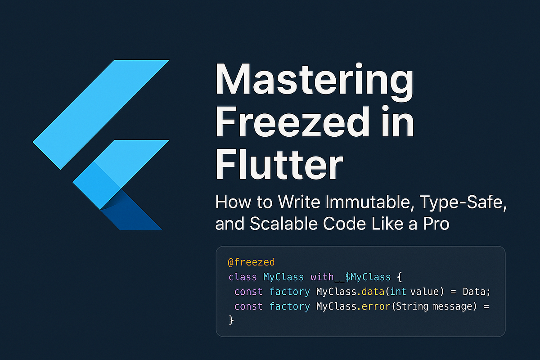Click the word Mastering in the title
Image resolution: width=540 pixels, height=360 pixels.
click(x=315, y=79)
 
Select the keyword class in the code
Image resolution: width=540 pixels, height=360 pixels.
click(x=243, y=277)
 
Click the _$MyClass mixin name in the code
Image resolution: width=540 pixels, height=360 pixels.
click(x=360, y=277)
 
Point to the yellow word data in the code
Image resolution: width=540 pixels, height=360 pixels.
click(x=375, y=292)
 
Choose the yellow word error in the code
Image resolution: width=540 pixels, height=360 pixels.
click(x=377, y=306)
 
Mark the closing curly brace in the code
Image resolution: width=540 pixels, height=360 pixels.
click(x=231, y=320)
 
